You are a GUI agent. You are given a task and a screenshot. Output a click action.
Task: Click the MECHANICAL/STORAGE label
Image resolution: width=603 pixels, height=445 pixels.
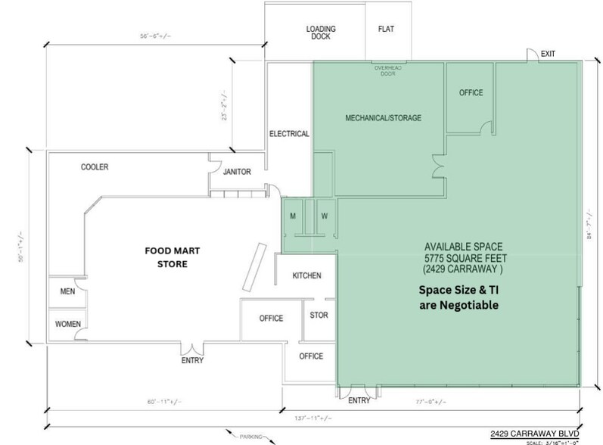[383, 118]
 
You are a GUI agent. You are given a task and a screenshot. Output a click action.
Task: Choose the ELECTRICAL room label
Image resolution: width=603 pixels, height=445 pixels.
[289, 134]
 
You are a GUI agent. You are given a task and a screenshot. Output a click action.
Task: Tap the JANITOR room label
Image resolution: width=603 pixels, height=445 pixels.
[236, 172]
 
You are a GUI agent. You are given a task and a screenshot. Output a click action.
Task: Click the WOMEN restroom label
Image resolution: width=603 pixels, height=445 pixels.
[68, 324]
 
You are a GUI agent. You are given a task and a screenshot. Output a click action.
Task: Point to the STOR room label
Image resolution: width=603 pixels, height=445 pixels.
[319, 315]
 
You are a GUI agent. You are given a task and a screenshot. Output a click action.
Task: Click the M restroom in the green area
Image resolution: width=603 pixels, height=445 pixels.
[293, 217]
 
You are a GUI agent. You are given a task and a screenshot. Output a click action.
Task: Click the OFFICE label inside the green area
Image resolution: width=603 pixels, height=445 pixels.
[471, 93]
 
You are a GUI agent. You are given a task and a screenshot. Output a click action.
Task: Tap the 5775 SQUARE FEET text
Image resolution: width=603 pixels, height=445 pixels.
[460, 259]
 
